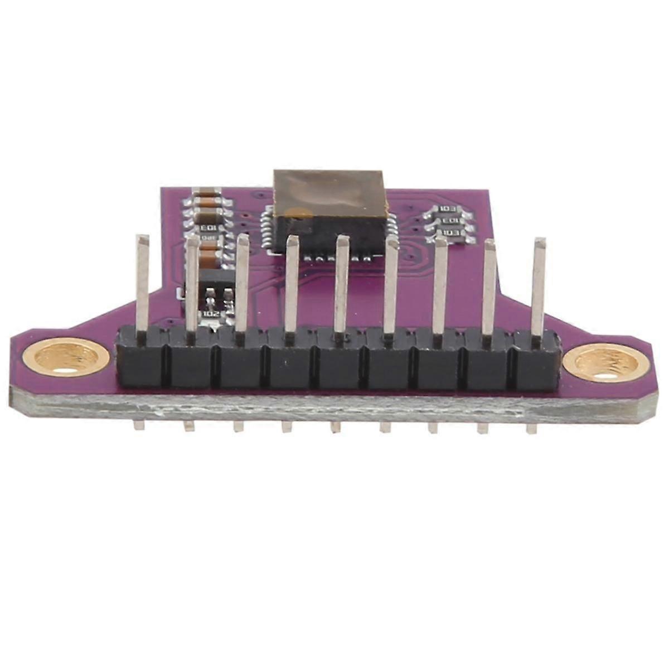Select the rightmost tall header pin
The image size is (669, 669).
point(539,284)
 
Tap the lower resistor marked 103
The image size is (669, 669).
point(450,232)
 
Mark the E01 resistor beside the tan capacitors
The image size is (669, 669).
point(207,229)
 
